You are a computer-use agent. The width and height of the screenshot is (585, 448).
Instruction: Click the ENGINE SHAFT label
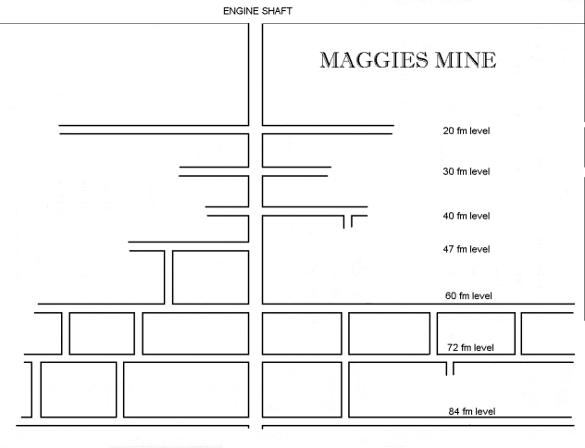(257, 11)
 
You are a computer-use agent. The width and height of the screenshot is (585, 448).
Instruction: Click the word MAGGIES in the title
(374, 60)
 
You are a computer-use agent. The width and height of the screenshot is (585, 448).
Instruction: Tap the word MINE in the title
(466, 60)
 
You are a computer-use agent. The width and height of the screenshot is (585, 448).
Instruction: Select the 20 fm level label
(467, 131)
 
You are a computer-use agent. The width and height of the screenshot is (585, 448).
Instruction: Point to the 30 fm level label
(467, 171)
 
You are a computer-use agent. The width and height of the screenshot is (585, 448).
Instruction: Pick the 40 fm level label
(467, 216)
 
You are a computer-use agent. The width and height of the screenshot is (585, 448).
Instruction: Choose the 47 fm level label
(467, 249)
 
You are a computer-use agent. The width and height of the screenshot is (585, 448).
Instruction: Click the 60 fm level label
(468, 296)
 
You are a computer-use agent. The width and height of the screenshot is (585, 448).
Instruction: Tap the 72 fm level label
(470, 348)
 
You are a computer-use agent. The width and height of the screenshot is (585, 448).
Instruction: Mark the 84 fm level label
(472, 412)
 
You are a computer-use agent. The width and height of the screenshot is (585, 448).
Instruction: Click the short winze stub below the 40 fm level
(348, 221)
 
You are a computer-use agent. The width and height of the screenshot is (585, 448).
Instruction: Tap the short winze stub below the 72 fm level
(450, 368)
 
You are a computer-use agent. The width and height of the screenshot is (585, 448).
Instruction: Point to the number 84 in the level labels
(454, 412)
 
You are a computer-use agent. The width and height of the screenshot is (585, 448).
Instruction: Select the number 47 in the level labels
(448, 249)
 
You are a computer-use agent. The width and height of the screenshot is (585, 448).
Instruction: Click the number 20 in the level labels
(448, 131)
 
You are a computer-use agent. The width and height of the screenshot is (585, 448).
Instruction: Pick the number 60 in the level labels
(450, 296)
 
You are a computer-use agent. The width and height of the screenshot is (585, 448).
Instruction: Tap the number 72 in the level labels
(453, 348)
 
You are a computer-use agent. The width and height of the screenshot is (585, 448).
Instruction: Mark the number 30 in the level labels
(448, 171)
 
